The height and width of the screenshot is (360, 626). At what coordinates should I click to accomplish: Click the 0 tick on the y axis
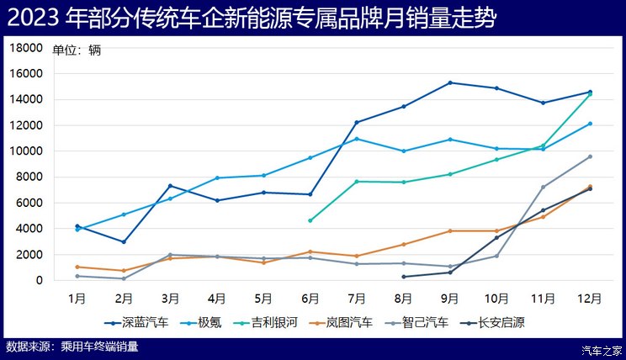coord(39,280)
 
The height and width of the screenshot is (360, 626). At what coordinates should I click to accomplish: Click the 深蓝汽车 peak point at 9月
coord(450,82)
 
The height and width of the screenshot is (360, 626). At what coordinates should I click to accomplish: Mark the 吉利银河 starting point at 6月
coord(310,220)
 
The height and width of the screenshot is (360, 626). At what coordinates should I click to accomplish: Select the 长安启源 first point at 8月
coord(404,277)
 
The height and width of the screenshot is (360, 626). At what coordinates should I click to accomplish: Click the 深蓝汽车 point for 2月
coord(124,242)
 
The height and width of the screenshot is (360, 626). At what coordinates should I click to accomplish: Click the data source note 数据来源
coord(72,346)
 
